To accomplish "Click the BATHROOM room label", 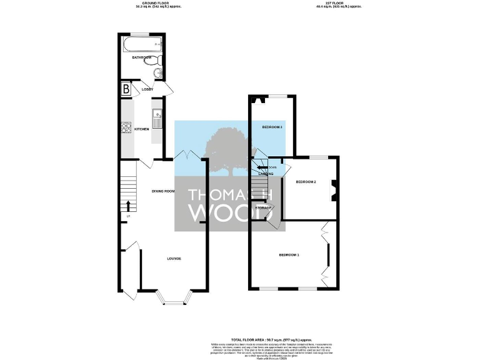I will pos(142,57).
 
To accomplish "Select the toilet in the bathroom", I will pos(159,60).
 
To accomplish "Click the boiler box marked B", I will pos(126,89).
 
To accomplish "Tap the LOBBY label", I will pos(147,89).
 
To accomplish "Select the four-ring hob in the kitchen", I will pos(126,128).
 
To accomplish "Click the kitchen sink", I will pos(157,115).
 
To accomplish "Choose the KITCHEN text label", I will pos(142,129).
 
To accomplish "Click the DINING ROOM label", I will pos(163,191).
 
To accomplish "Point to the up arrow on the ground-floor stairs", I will pos(129,204).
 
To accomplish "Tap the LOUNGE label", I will pos(174,258).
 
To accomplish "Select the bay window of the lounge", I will pos(174,302).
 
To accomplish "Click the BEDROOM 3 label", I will pos(272,127).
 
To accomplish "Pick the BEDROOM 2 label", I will pos(306,182).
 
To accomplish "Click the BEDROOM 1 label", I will pos(289,255).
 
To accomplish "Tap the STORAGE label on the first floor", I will pos(263,207).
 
